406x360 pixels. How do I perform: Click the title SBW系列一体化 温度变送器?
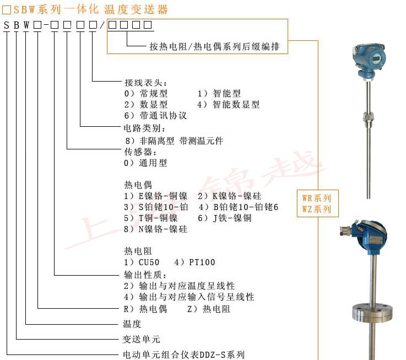(x=86, y=9)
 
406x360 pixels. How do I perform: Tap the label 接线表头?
(x=141, y=83)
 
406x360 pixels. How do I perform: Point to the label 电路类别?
(x=141, y=128)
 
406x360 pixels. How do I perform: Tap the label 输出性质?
(x=141, y=275)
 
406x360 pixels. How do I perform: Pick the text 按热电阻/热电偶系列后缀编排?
(x=214, y=47)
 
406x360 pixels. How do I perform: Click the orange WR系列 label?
(x=317, y=198)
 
